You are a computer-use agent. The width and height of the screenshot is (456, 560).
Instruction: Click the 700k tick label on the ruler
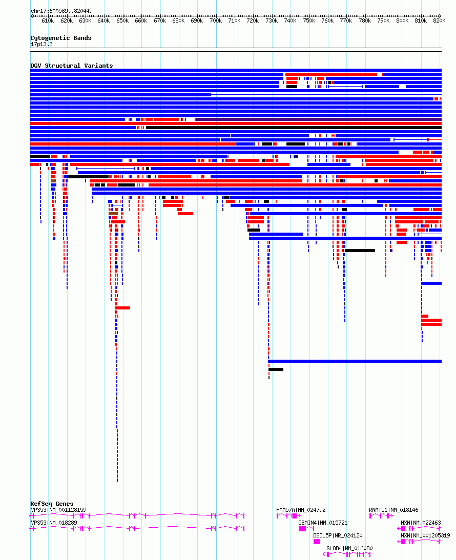click(216, 21)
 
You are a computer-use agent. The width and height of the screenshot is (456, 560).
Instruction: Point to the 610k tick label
click(48, 21)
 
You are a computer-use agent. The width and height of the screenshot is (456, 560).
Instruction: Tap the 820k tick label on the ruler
click(439, 21)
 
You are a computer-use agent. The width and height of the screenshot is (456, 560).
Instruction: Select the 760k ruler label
click(327, 21)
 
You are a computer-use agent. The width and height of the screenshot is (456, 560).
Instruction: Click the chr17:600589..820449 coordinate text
click(61, 11)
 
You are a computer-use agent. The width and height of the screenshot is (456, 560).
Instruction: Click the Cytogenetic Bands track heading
click(60, 38)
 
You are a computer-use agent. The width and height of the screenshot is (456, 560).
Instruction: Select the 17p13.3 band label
click(42, 44)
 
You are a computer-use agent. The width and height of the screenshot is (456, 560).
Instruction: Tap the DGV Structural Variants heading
click(71, 66)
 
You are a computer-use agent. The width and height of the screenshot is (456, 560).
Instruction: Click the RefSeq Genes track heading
click(52, 504)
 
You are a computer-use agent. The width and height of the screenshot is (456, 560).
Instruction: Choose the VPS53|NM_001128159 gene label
click(58, 510)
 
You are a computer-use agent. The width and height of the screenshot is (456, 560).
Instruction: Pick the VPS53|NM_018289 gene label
click(54, 523)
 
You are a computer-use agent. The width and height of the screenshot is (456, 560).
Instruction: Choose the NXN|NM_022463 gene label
click(421, 523)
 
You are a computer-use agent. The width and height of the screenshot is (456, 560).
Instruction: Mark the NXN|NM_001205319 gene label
click(425, 535)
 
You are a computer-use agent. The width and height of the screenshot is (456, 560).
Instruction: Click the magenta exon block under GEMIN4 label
click(302, 529)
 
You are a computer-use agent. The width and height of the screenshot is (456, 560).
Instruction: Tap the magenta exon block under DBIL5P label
click(317, 542)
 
